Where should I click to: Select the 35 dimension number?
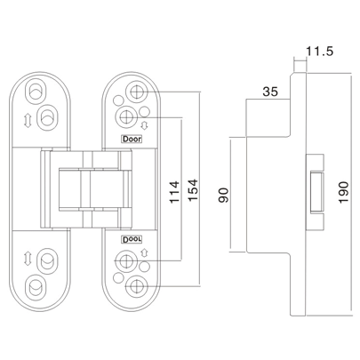click(x=270, y=92)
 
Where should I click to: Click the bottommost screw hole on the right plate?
click(x=135, y=287)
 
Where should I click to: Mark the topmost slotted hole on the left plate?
click(x=37, y=91)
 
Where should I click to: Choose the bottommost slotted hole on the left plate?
click(x=37, y=287)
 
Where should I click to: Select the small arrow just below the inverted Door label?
click(x=145, y=256)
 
